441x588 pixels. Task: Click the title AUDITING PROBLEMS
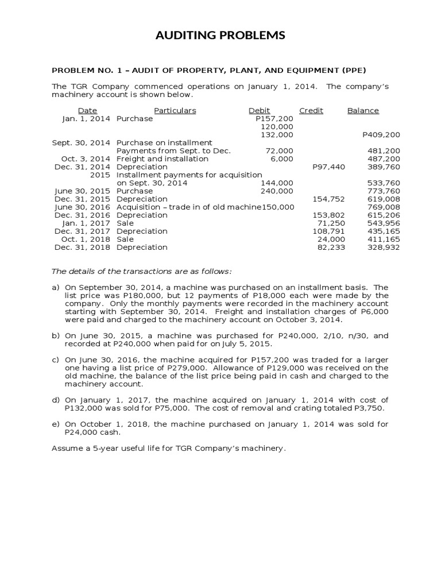(x=220, y=36)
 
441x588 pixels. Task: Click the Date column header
(x=87, y=111)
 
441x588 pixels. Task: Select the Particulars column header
(x=175, y=111)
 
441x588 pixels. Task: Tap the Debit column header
(x=259, y=111)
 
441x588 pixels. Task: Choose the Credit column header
(x=311, y=111)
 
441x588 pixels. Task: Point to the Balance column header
(x=363, y=111)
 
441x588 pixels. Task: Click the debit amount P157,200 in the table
(x=274, y=119)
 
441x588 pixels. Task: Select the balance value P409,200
(x=381, y=135)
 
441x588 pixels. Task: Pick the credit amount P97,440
(x=328, y=167)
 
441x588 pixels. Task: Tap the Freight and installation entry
(x=163, y=159)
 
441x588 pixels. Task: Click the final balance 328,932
(x=384, y=247)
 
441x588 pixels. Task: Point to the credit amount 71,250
(x=331, y=223)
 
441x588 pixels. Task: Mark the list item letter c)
(x=56, y=360)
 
